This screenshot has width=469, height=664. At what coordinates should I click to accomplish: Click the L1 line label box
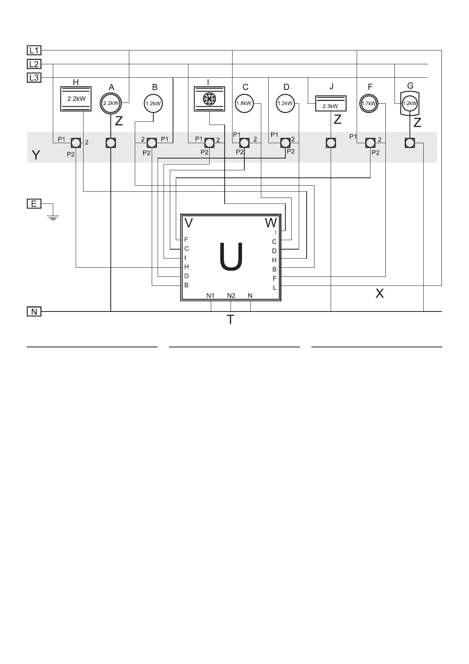(34, 50)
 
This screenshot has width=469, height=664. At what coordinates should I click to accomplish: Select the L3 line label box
(34, 78)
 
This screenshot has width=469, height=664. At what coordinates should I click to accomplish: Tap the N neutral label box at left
(34, 311)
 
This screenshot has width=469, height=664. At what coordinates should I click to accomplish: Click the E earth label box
(34, 204)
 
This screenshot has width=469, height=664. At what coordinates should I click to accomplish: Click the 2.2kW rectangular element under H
(76, 99)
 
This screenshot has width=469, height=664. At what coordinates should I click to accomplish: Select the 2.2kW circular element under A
(111, 103)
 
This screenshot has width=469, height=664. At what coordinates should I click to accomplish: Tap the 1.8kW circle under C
(244, 103)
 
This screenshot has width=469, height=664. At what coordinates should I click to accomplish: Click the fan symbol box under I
(208, 99)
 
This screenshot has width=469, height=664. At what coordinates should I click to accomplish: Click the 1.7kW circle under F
(369, 103)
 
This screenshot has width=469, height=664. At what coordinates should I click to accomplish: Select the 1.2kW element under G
(410, 103)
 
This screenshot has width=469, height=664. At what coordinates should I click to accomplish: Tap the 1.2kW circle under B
(153, 104)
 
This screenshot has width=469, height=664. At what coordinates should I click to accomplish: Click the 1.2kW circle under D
(285, 103)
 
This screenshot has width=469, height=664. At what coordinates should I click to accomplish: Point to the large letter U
(231, 257)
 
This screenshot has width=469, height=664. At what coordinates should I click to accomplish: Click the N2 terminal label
(231, 296)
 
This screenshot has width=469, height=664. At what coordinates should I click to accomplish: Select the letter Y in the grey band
(36, 155)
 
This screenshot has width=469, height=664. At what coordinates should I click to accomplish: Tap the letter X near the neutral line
(380, 293)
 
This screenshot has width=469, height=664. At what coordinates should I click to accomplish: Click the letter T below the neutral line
(231, 320)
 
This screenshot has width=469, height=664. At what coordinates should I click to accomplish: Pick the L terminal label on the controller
(275, 288)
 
